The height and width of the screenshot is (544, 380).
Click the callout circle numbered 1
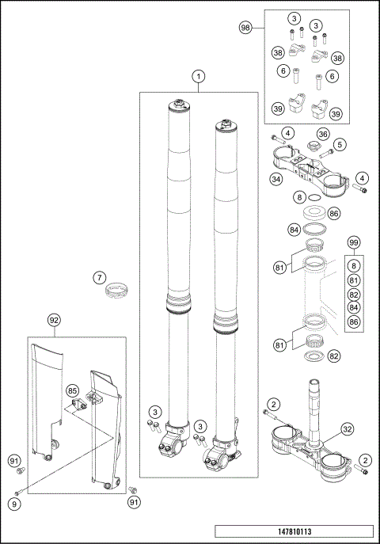point(199,77)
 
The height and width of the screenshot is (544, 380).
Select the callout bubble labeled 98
point(245,28)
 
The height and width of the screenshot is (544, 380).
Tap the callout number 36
point(323,134)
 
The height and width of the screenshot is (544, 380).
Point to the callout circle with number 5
point(340,145)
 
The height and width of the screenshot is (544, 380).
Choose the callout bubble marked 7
point(99,278)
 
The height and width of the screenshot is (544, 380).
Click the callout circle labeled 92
point(54,321)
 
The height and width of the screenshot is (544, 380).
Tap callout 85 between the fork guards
point(72,390)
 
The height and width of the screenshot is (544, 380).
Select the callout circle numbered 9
point(14,503)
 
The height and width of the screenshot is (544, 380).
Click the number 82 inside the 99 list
point(354,294)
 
